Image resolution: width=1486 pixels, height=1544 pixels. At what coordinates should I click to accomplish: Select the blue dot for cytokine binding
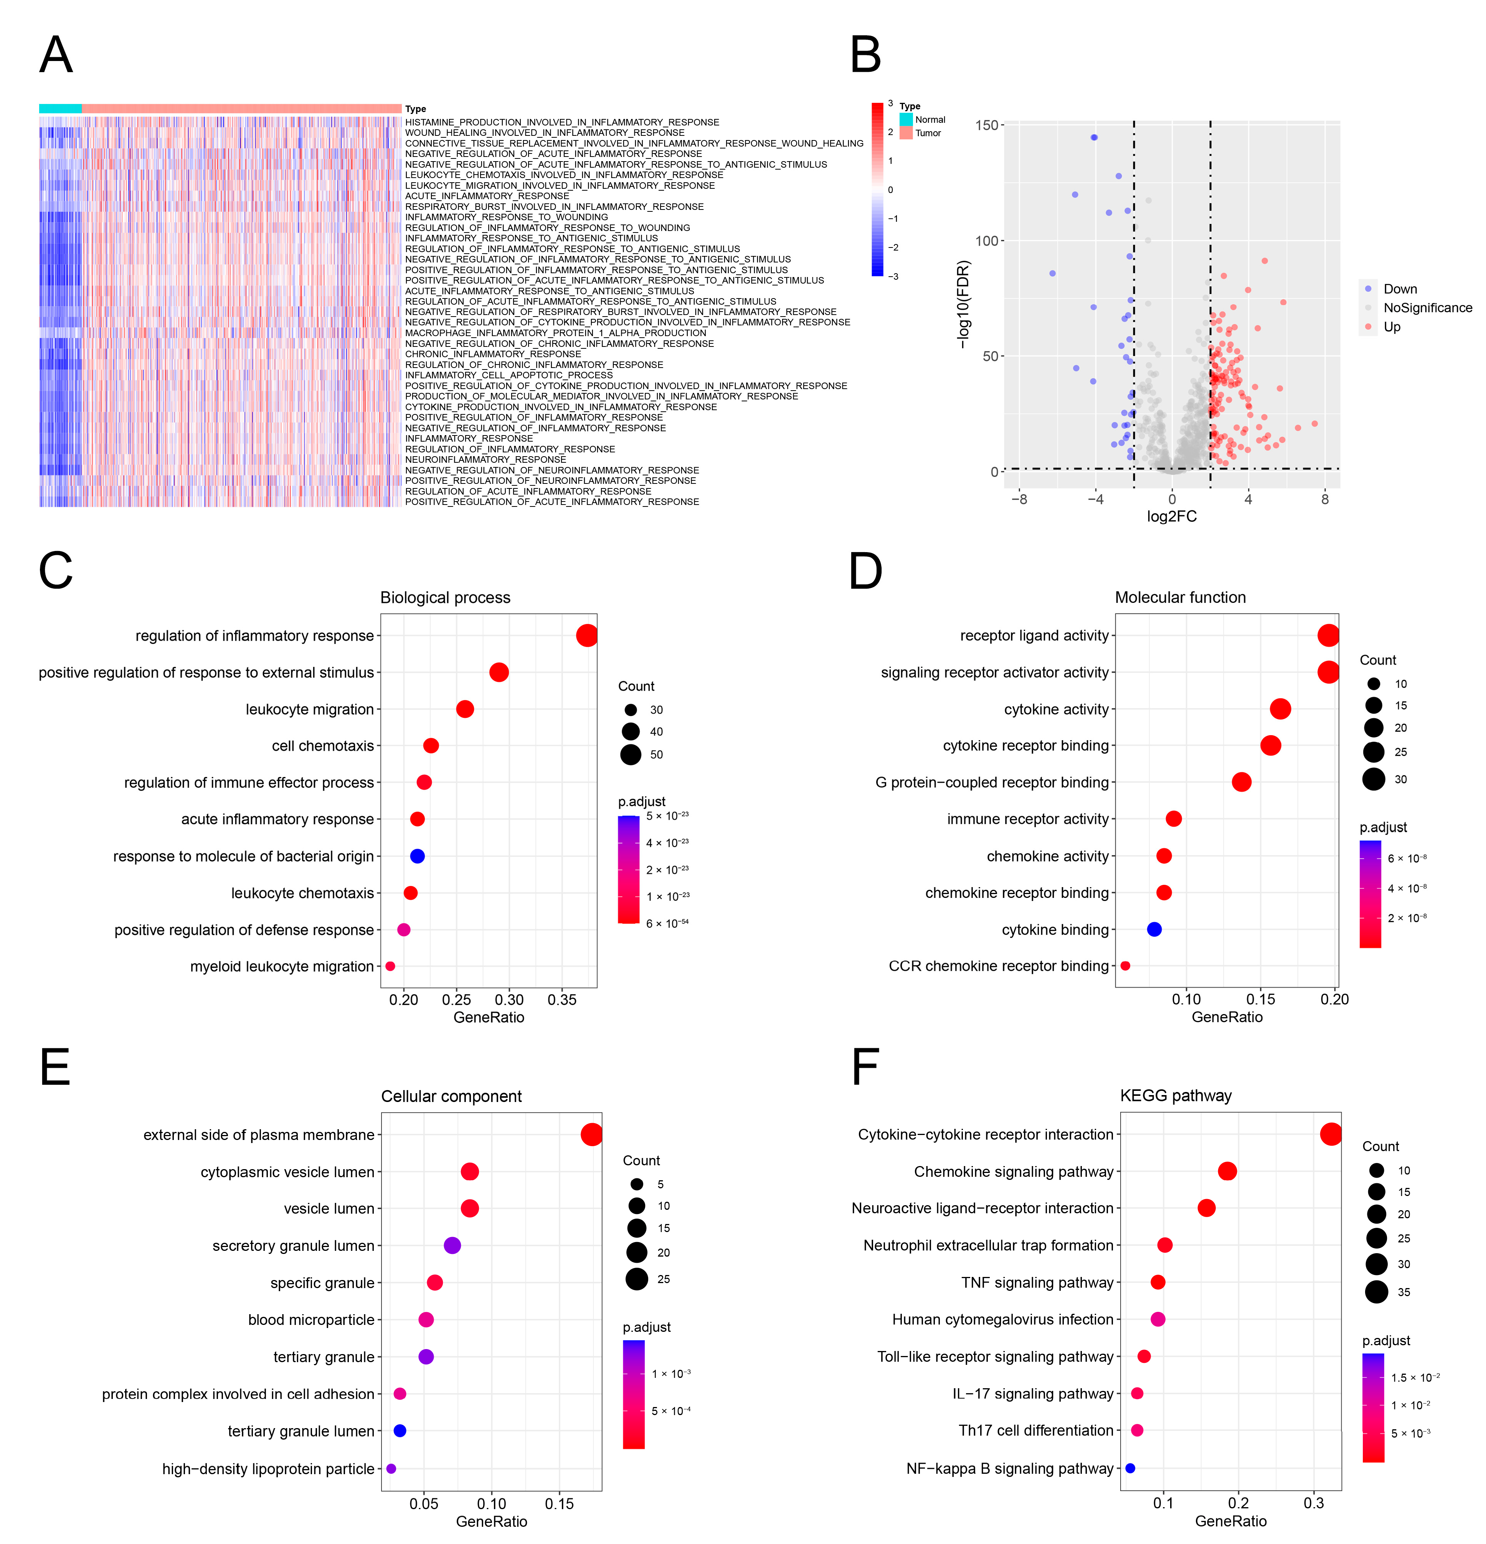1154,930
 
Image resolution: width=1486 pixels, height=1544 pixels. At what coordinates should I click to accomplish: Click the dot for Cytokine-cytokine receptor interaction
1331,1134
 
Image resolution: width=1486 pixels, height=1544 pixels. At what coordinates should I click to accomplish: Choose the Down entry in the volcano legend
1399,289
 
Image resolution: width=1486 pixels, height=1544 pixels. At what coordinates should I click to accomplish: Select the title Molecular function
1179,598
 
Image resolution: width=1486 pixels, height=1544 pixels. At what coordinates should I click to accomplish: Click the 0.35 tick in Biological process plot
562,1000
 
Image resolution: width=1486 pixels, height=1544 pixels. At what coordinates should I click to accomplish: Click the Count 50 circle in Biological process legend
630,755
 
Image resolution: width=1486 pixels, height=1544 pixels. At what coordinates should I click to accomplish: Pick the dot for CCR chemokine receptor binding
1125,966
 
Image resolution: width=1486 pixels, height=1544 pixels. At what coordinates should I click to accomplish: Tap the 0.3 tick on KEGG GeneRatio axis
1313,1503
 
